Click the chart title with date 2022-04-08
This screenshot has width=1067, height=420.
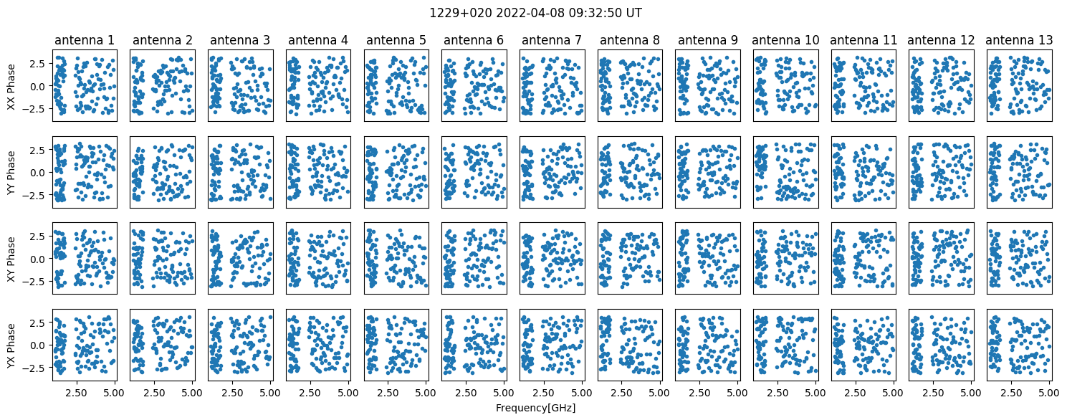point(535,13)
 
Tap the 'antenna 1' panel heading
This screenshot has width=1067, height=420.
point(85,40)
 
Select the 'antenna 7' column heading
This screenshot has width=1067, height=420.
point(552,40)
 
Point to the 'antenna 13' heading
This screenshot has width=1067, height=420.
point(1020,40)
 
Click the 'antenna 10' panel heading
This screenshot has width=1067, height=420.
point(786,40)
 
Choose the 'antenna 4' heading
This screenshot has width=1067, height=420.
point(318,40)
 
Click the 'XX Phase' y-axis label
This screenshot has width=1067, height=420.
point(11,86)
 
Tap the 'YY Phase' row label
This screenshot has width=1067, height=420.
point(11,173)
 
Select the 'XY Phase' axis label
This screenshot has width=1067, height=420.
point(11,259)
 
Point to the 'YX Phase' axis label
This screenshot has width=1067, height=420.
point(11,345)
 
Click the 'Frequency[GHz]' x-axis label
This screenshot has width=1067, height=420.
point(535,408)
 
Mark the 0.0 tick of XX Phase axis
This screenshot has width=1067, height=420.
point(40,86)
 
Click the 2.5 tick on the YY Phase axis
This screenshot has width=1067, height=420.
point(40,151)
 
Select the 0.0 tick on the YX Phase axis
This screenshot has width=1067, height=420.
point(40,345)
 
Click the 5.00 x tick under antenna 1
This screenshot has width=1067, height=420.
point(115,393)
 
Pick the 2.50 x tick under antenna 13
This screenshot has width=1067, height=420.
point(1011,393)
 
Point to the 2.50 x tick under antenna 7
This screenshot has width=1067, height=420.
point(543,393)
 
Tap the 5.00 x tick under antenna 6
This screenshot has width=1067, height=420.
point(504,393)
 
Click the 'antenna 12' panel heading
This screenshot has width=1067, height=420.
point(942,40)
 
